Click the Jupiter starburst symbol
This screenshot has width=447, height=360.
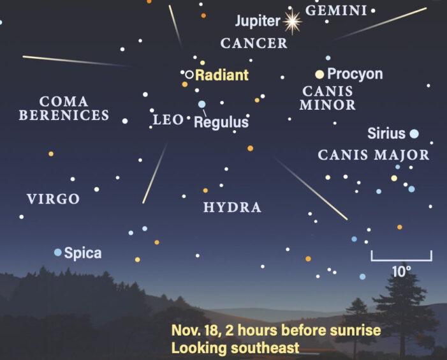coord(292,22)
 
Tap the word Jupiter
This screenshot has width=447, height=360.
coord(258,21)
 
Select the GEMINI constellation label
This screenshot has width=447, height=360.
coord(336,10)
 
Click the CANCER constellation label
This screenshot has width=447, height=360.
coord(254,43)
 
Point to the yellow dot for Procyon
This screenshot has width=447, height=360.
coord(319,74)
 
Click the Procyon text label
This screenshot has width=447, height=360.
coord(355,74)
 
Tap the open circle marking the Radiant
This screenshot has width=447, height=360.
coord(189,74)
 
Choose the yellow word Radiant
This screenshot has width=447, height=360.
coord(221,75)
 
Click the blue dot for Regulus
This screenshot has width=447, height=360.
coord(202,104)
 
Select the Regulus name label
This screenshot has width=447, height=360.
coord(221,122)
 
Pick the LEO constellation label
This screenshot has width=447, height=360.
coord(168,119)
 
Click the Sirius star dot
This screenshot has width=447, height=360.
coord(414,133)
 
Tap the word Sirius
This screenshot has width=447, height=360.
coord(386,133)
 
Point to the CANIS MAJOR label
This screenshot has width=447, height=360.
coord(374,154)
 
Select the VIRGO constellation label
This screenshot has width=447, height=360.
coord(54,199)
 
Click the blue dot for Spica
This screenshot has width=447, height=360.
coord(58,253)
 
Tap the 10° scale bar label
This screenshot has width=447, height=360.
coord(401,271)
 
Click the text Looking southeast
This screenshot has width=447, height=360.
coord(235,349)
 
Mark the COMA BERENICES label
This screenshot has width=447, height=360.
coord(64,109)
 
